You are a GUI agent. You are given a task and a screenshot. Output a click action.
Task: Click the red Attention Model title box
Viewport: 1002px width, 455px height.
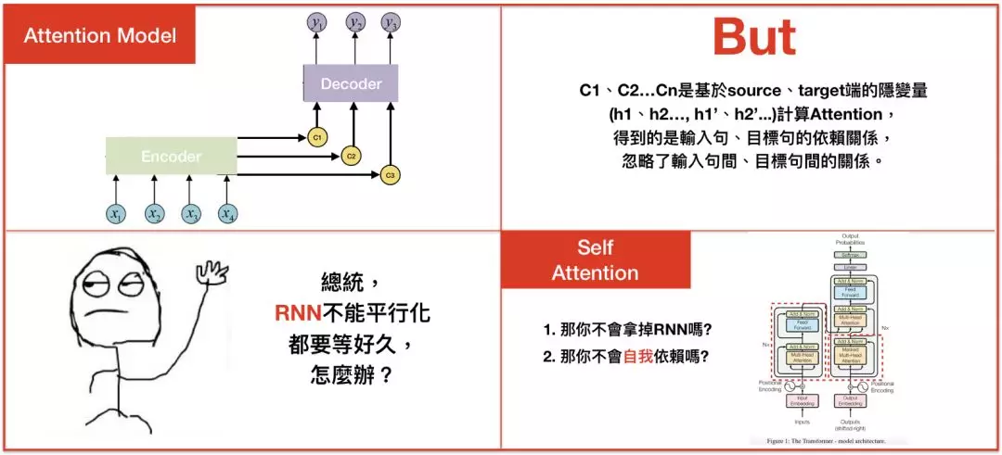pos(99,36)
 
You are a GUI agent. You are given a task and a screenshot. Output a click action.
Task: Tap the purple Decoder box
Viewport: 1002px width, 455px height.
pos(351,83)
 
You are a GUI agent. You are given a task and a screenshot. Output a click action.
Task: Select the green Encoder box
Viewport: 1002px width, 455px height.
pos(171,156)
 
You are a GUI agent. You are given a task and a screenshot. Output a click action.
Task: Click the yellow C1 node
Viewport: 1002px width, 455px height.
pos(316,138)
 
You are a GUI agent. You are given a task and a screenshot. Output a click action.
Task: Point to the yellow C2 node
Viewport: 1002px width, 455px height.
pos(352,156)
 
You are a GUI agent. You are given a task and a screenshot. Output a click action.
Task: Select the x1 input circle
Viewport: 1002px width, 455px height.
pos(116,214)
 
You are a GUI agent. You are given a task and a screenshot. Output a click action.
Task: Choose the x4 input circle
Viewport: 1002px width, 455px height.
pos(227,214)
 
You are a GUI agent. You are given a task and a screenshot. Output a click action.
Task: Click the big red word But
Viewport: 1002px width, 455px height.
pos(753,37)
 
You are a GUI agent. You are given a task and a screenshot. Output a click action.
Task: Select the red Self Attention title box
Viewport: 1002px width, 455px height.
pos(596,259)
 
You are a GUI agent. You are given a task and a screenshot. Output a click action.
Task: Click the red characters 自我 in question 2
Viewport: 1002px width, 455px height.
pos(638,355)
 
